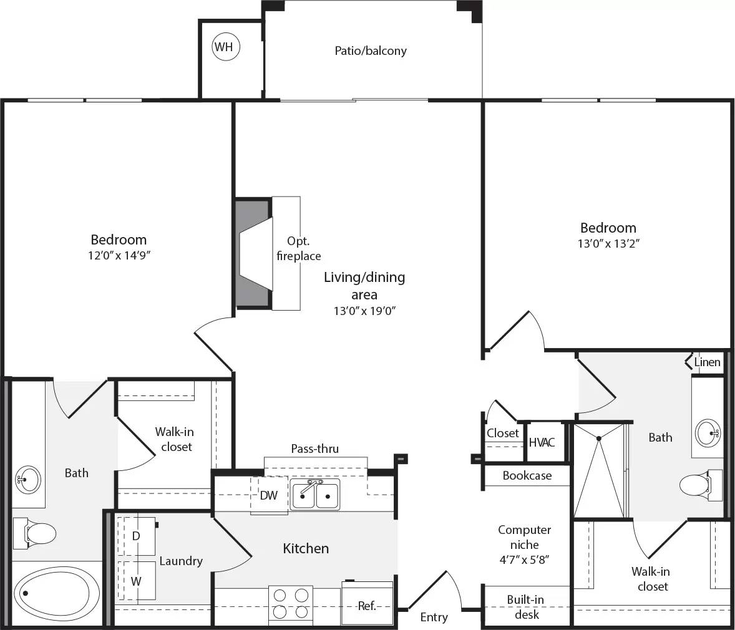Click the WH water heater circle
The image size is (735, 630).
point(226,47)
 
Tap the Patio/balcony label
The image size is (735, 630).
point(371,51)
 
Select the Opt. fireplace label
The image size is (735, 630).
point(299,248)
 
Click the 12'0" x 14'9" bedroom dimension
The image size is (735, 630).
point(119,255)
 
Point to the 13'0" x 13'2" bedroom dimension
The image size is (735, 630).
point(608,243)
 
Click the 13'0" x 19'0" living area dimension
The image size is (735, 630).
point(364,310)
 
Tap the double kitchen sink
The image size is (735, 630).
point(315,495)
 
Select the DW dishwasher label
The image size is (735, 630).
point(269,495)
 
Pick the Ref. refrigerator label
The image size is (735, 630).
point(367,605)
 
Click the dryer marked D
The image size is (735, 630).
point(136,536)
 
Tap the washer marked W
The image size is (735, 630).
point(136,581)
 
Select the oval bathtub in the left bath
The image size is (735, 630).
point(56,594)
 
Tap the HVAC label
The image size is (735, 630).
point(542,442)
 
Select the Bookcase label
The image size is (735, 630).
point(527,475)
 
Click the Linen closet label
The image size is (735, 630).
point(708,362)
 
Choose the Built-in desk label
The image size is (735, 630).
point(525,607)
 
